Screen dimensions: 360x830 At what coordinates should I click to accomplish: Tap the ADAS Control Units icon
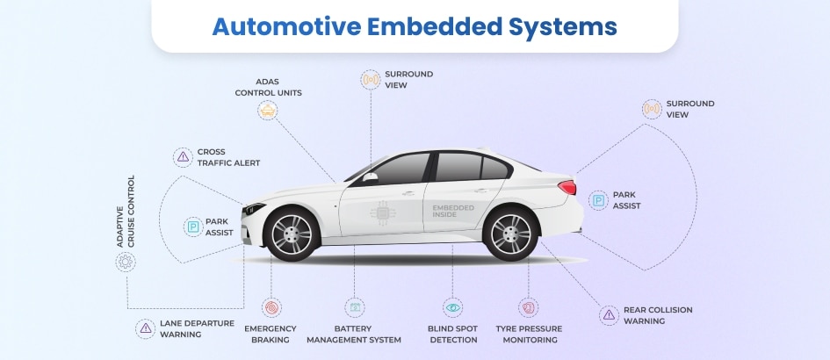pyautogui.click(x=268, y=110)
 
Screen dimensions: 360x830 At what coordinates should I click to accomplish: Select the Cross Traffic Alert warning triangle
pyautogui.click(x=182, y=157)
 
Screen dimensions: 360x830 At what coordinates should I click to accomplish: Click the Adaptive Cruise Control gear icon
pyautogui.click(x=126, y=261)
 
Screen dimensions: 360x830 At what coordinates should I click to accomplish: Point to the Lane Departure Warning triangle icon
pyautogui.click(x=145, y=328)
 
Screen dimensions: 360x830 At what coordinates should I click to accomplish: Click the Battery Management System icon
pyautogui.click(x=354, y=307)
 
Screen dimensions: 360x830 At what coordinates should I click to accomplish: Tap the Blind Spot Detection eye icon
pyautogui.click(x=452, y=307)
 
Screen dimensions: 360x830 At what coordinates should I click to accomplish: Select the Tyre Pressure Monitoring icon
pyautogui.click(x=527, y=307)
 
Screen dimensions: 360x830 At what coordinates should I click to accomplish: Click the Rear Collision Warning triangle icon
pyautogui.click(x=609, y=315)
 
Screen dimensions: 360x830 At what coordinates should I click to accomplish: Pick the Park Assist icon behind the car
pyautogui.click(x=598, y=200)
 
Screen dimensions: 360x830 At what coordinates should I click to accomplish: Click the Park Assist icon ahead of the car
pyautogui.click(x=191, y=227)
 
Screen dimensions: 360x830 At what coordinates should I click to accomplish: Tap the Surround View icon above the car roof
pyautogui.click(x=371, y=80)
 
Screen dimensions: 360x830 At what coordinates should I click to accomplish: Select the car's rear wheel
pyautogui.click(x=510, y=234)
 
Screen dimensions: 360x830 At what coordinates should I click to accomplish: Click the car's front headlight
pyautogui.click(x=255, y=209)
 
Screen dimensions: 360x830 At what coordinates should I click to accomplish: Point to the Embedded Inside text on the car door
pyautogui.click(x=452, y=211)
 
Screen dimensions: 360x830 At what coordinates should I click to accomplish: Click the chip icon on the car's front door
pyautogui.click(x=381, y=212)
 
